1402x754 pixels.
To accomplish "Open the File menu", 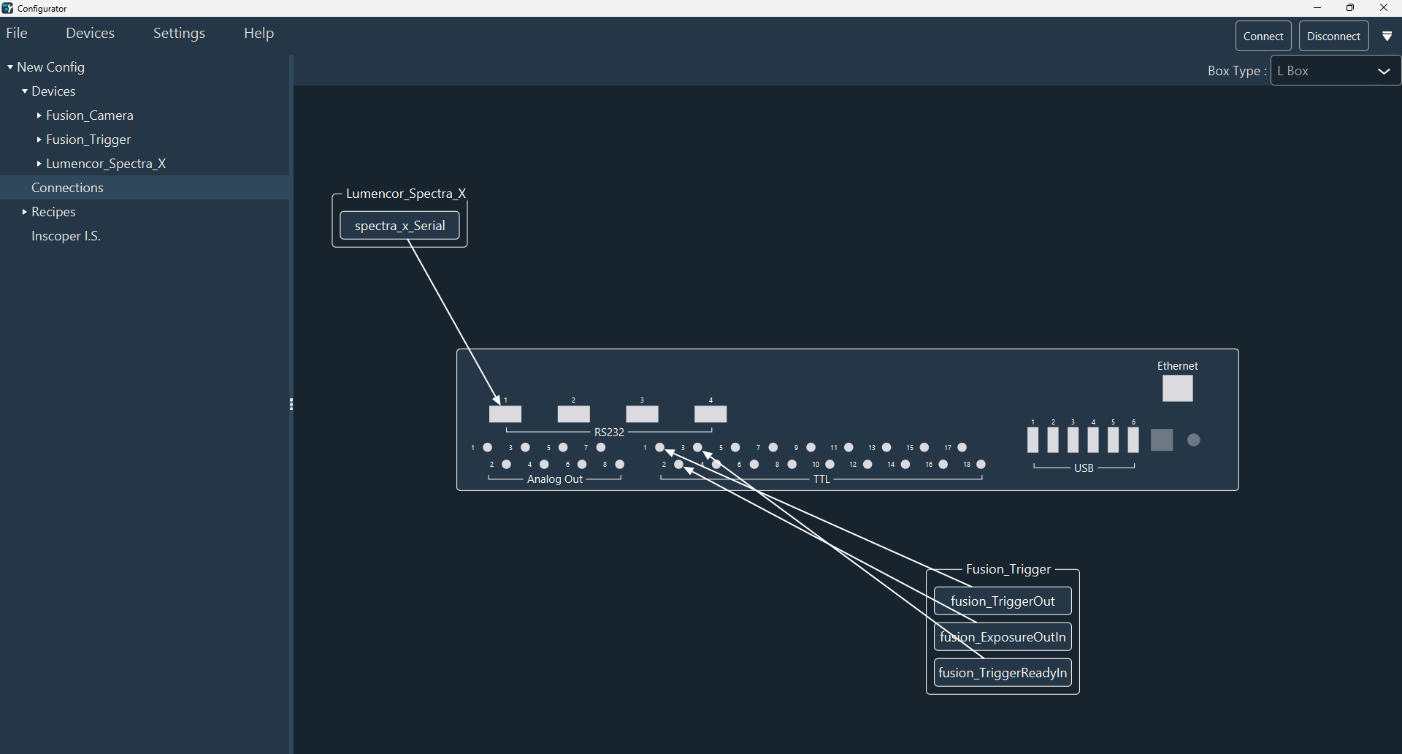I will tap(17, 34).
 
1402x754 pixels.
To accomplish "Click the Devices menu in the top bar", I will tap(90, 34).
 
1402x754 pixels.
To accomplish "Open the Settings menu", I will tap(179, 34).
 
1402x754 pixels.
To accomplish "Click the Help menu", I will tap(258, 34).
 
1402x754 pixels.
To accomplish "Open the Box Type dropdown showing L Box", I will tap(1335, 71).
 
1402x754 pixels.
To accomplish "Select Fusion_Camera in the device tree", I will tap(89, 115).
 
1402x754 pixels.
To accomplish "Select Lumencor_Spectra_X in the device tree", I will tap(106, 164).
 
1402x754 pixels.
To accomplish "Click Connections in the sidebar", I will tap(67, 188).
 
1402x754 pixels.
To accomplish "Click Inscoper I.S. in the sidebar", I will tap(66, 236).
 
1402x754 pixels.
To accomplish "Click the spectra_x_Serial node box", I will tap(399, 226).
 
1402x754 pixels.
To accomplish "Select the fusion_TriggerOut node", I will tap(1003, 601).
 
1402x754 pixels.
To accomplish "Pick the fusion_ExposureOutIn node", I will tap(1003, 637).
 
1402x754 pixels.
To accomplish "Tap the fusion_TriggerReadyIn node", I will tap(1003, 673).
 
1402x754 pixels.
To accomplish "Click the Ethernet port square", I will tap(1177, 389).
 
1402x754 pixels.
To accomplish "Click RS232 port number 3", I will tap(643, 414).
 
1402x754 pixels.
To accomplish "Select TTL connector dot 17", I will tap(962, 448).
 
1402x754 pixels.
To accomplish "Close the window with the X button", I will tap(1383, 8).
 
